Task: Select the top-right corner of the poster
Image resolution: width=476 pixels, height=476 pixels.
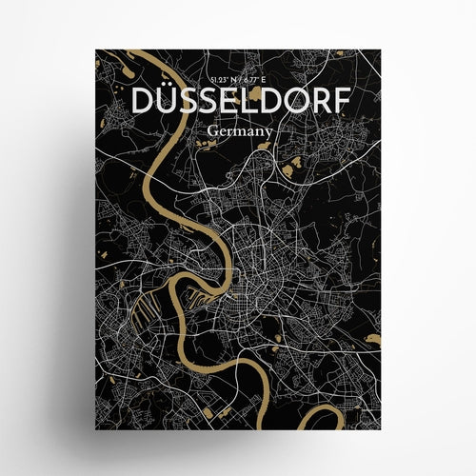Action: (x=380, y=50)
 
